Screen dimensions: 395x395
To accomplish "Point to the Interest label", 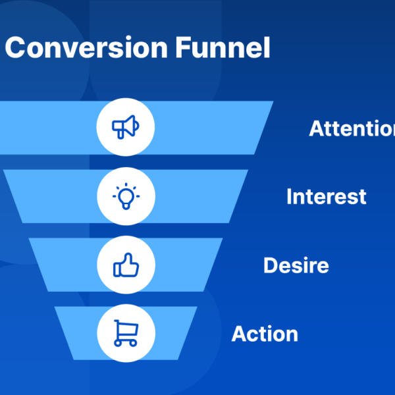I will click(326, 196).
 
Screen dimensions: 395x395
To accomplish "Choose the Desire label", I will click(296, 265).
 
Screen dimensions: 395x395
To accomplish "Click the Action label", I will click(265, 334).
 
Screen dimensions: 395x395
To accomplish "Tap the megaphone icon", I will click(125, 126).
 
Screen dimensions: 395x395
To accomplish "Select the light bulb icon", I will click(125, 196).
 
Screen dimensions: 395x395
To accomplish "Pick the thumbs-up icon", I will click(125, 265).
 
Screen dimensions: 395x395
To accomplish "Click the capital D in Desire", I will click(270, 265).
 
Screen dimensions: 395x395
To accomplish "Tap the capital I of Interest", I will click(289, 196).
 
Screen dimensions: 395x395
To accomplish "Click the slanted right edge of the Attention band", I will click(263, 128).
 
